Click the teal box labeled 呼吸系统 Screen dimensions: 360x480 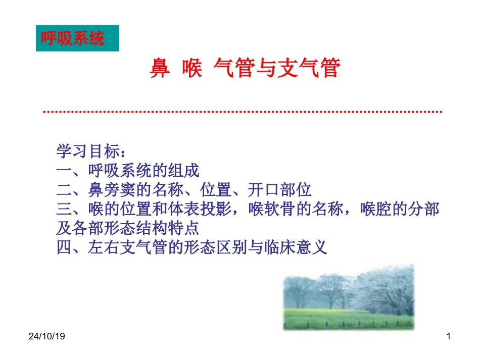(x=77, y=38)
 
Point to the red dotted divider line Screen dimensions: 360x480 (x=243, y=112)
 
